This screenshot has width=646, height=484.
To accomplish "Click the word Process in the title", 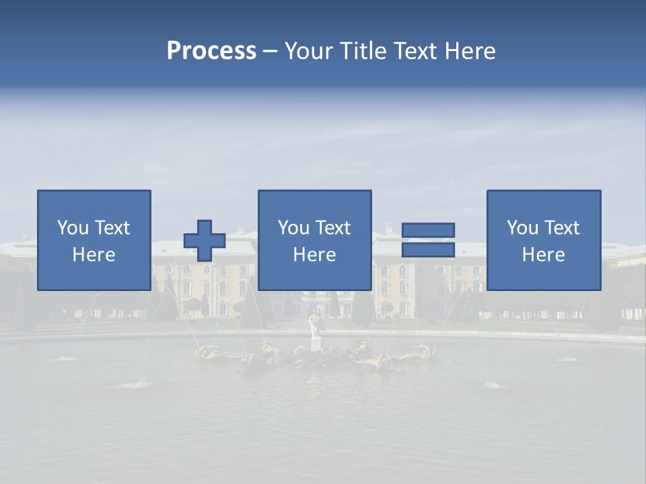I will click(x=211, y=51).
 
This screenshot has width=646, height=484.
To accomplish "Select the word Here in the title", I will click(x=470, y=51).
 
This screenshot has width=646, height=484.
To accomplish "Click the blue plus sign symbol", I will click(x=205, y=241).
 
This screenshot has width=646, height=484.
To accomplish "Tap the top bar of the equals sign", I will click(x=428, y=231).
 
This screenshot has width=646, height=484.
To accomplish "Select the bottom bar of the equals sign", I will click(x=428, y=250).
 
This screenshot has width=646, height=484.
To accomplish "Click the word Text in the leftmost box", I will click(x=111, y=228).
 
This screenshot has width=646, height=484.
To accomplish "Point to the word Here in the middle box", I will click(x=314, y=255).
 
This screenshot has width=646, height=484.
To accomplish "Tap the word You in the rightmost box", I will click(x=523, y=228).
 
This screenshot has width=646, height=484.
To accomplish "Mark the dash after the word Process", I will click(x=271, y=51).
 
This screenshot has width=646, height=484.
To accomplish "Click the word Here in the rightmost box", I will click(x=543, y=255).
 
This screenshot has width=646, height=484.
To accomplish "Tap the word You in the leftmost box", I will click(x=73, y=228).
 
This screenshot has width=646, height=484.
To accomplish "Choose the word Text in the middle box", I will click(x=332, y=228).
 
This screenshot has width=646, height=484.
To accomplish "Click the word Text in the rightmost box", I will click(x=561, y=228).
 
